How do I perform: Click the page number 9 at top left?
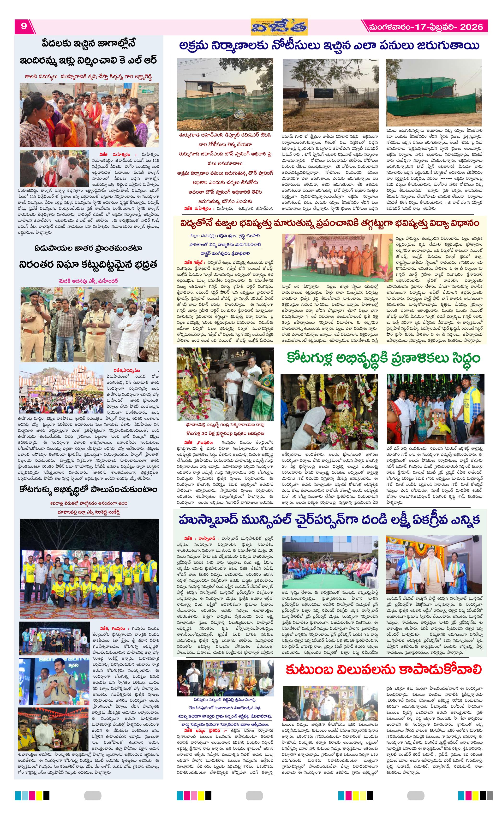24,26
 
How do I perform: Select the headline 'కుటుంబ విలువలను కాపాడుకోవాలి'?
383,429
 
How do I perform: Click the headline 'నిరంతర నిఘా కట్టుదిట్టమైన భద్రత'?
88,265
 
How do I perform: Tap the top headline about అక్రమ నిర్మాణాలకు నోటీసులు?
329,46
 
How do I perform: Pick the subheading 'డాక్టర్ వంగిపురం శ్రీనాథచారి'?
225,253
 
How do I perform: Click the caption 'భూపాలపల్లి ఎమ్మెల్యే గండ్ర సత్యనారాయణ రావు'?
225,424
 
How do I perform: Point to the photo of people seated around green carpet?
330,562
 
